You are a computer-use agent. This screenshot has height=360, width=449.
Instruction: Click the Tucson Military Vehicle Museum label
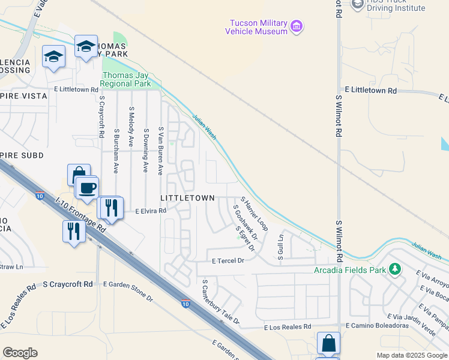click(x=256, y=27)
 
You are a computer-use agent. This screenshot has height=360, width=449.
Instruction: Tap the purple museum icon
click(x=296, y=26)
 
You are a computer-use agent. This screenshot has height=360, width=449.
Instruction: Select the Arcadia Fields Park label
click(x=351, y=270)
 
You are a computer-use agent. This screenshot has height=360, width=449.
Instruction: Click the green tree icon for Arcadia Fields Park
click(x=394, y=269)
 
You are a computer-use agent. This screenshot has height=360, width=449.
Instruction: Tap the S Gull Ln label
click(x=280, y=247)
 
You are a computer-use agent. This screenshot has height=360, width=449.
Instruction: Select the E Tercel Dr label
click(x=229, y=261)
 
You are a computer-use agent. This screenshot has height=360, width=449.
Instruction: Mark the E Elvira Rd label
click(x=151, y=211)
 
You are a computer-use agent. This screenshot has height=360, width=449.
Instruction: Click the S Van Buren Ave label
click(x=161, y=151)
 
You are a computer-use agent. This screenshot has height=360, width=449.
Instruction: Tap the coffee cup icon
click(x=87, y=187)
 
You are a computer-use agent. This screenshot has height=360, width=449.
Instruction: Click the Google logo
click(x=20, y=353)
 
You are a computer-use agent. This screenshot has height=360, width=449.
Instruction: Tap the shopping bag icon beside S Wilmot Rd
click(x=328, y=344)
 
